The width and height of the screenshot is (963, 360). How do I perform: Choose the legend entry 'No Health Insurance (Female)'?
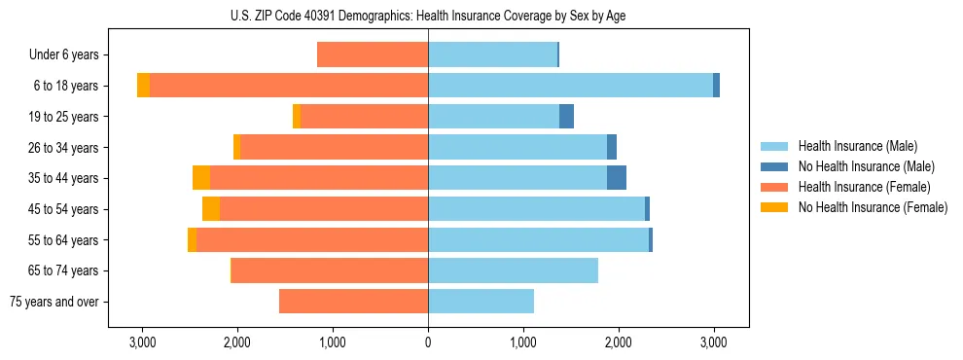click(873, 207)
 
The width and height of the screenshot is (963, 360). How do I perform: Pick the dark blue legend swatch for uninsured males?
click(775, 166)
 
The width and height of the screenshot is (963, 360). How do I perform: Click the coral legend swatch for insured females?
click(775, 187)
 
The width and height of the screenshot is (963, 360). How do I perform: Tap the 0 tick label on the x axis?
click(428, 342)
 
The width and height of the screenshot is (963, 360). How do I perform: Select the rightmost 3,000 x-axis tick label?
click(713, 342)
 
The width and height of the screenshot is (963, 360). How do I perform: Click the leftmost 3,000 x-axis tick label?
click(142, 342)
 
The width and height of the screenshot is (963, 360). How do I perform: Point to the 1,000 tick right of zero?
click(523, 342)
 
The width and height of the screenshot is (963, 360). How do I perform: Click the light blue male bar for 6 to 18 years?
click(570, 86)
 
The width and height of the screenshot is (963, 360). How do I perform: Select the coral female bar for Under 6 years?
click(373, 54)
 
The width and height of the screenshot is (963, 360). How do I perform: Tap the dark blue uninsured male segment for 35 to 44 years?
click(617, 178)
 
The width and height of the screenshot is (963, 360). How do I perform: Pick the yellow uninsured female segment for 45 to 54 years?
click(211, 209)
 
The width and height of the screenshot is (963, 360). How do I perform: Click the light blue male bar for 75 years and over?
click(481, 302)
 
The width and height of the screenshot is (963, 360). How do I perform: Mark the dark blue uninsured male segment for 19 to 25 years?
click(566, 117)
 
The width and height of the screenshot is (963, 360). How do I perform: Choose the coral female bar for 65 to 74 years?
click(330, 270)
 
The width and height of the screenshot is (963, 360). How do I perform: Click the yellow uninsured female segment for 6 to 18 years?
click(143, 86)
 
